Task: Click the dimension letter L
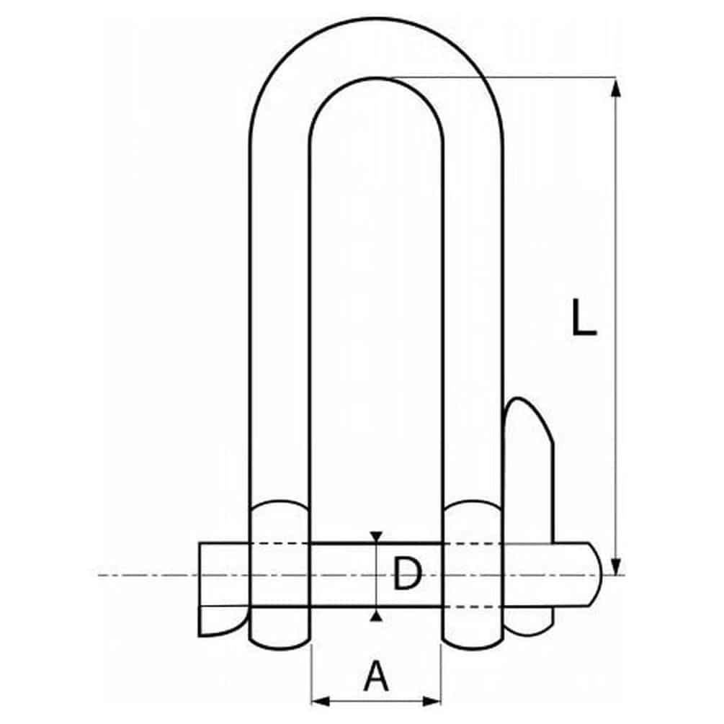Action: [x=584, y=317]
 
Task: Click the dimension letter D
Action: [x=407, y=573]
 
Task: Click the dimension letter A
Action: [x=376, y=676]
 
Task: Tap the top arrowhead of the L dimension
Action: [x=615, y=88]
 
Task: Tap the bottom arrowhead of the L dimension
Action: [x=615, y=566]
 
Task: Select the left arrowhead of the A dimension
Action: [x=321, y=702]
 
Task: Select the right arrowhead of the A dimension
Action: [x=432, y=702]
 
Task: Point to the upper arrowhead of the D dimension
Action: [x=376, y=537]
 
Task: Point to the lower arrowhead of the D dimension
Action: [x=376, y=615]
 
